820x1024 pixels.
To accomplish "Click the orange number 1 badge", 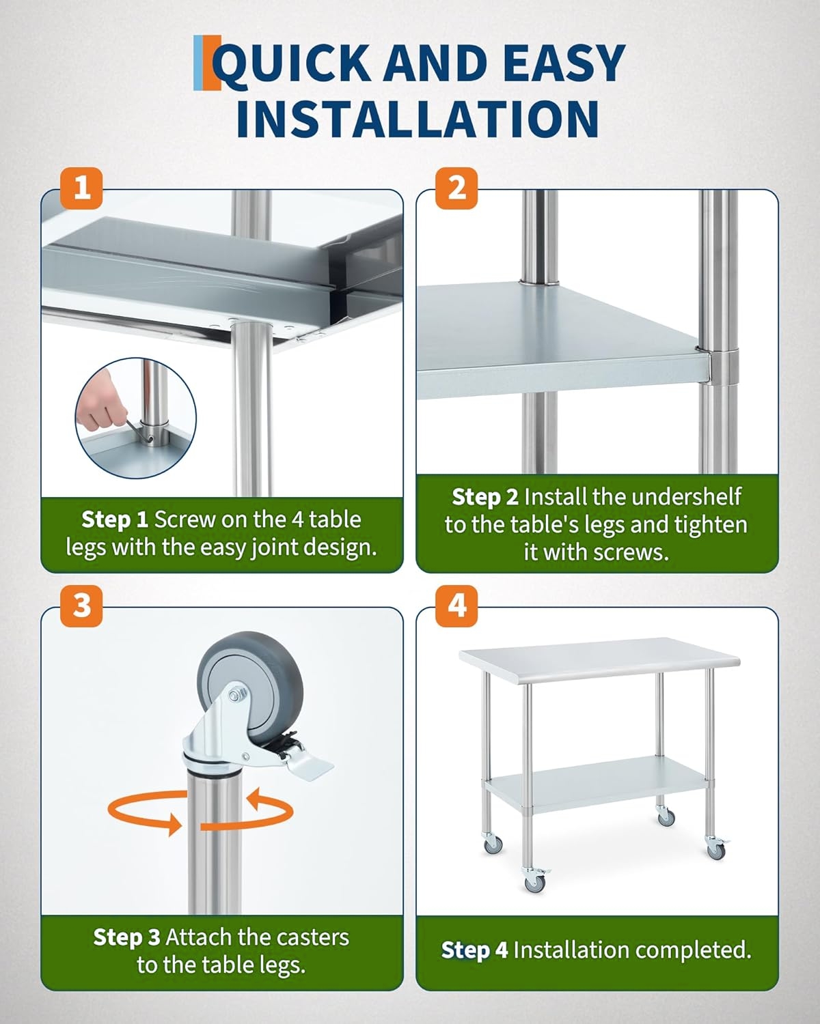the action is tap(81, 188).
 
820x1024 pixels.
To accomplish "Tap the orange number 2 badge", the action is tap(456, 188).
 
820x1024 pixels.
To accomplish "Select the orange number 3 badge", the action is tap(81, 606).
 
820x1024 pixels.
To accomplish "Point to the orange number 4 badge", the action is tap(456, 606).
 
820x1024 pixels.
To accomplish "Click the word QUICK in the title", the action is tap(291, 64).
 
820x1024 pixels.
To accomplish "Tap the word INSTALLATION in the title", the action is tap(418, 119).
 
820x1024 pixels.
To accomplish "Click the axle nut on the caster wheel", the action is tap(235, 696).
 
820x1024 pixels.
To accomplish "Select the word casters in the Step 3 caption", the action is tap(312, 937).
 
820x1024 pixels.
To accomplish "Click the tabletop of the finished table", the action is tap(599, 659).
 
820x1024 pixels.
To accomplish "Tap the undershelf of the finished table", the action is tap(596, 784).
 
